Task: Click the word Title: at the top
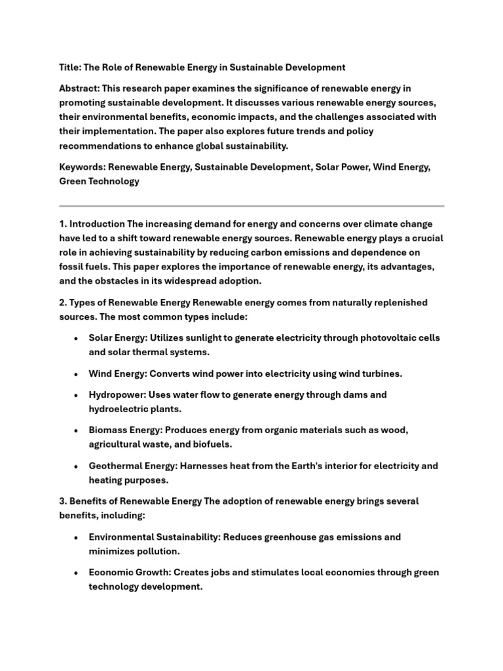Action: pos(71,67)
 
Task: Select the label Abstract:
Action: pos(81,88)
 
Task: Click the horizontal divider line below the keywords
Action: pos(251,206)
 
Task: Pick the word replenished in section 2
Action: pos(396,303)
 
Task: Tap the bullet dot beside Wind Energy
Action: pos(77,374)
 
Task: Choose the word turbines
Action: pos(377,374)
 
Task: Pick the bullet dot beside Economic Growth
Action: pos(77,573)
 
